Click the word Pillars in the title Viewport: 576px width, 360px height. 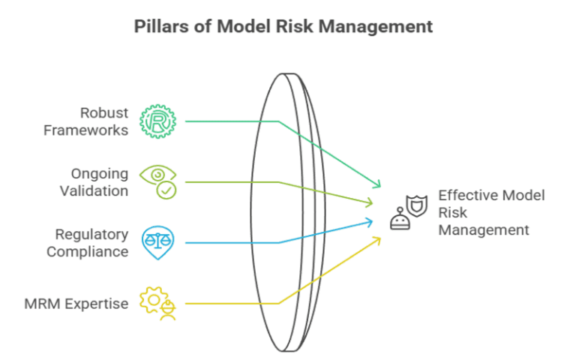tap(159, 27)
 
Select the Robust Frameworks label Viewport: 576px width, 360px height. tap(85, 121)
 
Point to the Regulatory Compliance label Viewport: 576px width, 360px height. tap(87, 243)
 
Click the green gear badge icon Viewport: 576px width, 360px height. tap(159, 121)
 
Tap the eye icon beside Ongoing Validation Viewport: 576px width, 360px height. tap(157, 175)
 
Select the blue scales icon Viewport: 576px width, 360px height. tap(158, 242)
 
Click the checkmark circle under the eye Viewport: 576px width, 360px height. tap(167, 191)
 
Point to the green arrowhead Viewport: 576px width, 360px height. tap(378, 185)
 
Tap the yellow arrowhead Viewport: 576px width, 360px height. tap(377, 239)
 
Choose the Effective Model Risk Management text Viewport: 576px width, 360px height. tap(490, 212)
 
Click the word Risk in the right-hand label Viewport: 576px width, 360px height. tap(453, 212)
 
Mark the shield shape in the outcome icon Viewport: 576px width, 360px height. tap(415, 203)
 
